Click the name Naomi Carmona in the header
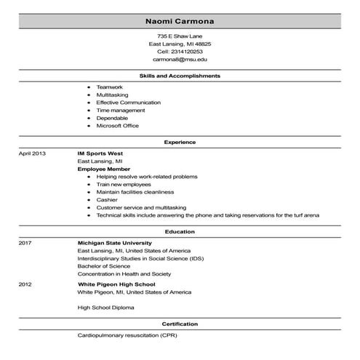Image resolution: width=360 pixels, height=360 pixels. coord(180,20)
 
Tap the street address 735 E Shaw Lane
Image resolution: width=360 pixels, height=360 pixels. coord(180,36)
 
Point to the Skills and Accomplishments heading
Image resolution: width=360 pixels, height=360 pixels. coord(180,76)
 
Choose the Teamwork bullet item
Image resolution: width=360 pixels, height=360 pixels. coord(110,87)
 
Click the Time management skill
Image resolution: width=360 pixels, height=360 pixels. coord(117,111)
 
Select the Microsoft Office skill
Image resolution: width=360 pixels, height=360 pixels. coord(117,126)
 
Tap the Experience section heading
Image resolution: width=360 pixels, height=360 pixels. coord(180,142)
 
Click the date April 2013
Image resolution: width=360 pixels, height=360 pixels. coord(32,154)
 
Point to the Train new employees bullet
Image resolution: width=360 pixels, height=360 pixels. coord(125,184)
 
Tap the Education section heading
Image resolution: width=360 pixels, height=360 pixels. coord(180,231)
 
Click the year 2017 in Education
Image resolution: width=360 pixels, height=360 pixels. coord(25,243)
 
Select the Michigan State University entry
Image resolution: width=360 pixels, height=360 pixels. coord(114,243)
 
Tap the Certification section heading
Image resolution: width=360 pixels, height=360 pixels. coord(180,324)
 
